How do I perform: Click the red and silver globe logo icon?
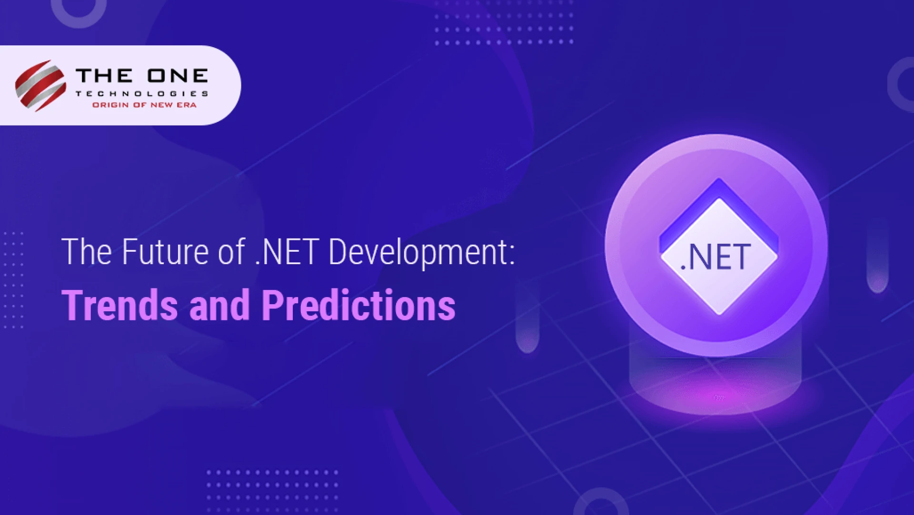pos(40,86)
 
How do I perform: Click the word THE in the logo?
pos(104,76)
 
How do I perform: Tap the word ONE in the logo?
pos(178,76)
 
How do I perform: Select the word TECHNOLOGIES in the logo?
pos(142,94)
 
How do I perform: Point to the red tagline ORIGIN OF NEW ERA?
pos(144,105)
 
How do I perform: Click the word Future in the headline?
pos(165,252)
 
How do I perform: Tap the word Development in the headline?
pos(417,253)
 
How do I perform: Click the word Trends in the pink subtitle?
pos(119,306)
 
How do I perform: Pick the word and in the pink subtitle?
pos(219,306)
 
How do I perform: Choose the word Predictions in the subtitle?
pos(358,306)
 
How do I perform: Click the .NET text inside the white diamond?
pos(716,257)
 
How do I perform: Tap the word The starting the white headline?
pos(87,252)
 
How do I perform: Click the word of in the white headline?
pos(232,252)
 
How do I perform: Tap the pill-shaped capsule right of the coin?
pos(877,259)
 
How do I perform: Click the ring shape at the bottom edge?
pos(601,505)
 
